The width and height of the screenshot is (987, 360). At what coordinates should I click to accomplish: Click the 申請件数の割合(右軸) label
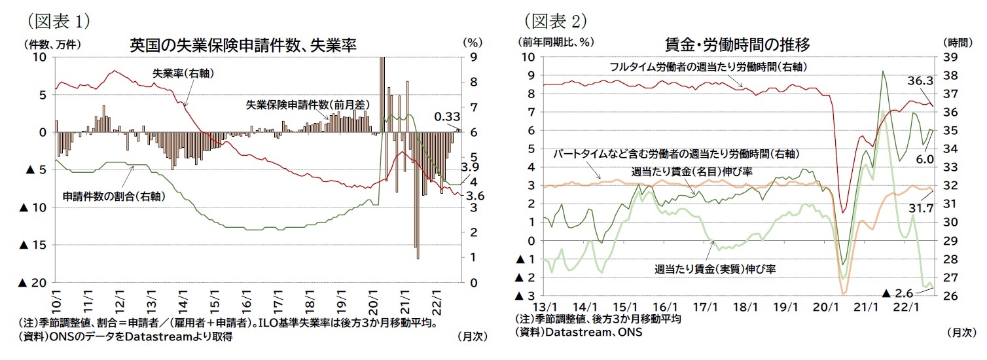[113, 196]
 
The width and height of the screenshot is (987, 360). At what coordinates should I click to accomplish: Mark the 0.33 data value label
[448, 117]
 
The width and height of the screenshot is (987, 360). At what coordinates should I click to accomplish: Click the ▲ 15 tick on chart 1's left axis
[34, 245]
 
